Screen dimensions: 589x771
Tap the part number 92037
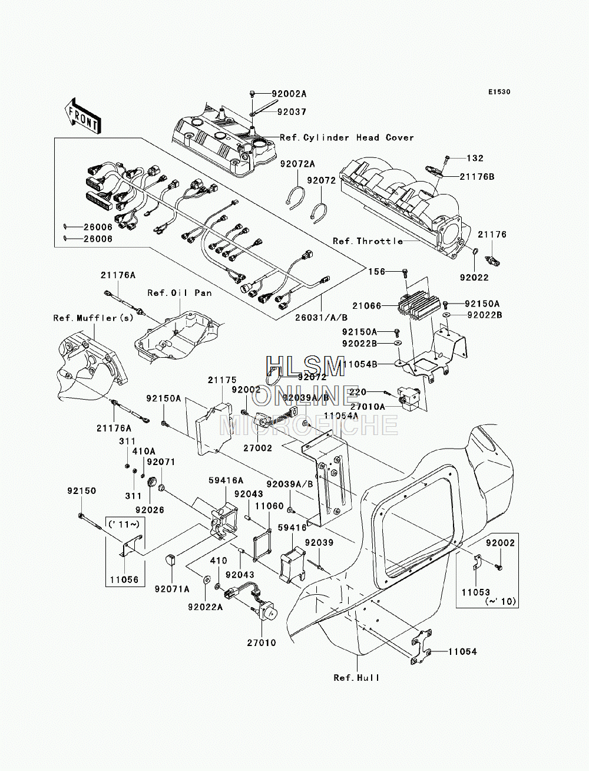click(292, 111)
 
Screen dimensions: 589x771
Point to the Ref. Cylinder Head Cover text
click(347, 137)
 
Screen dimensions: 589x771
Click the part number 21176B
click(477, 176)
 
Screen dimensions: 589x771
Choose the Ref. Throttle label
click(368, 241)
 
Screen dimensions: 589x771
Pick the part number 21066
click(367, 305)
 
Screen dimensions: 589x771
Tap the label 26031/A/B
click(321, 318)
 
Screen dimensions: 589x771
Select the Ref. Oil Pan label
click(180, 292)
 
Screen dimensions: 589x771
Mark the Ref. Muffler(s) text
click(94, 318)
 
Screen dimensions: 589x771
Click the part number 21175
click(222, 380)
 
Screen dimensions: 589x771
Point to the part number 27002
click(257, 448)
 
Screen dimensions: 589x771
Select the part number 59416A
click(226, 480)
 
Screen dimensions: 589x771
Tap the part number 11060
click(269, 506)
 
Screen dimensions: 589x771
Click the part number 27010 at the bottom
click(262, 642)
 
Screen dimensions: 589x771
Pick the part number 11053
click(476, 592)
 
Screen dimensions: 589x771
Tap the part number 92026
click(150, 510)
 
